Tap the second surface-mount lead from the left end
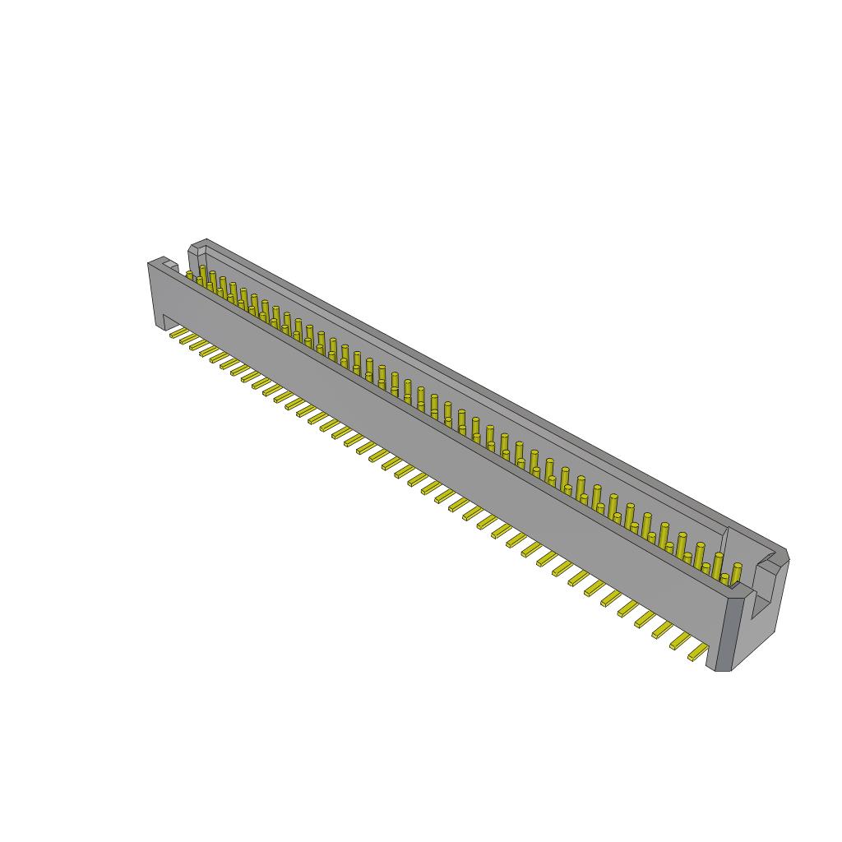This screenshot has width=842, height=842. (x=187, y=338)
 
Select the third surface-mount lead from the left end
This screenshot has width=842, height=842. (x=197, y=344)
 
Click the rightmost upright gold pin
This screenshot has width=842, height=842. (x=737, y=572)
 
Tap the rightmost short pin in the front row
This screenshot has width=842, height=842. (x=724, y=579)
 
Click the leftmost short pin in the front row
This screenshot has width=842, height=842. (x=190, y=276)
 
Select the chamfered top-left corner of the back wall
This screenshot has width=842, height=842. (x=196, y=246)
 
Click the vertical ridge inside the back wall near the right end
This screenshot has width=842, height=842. (x=724, y=543)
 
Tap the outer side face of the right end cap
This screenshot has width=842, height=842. (x=773, y=608)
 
